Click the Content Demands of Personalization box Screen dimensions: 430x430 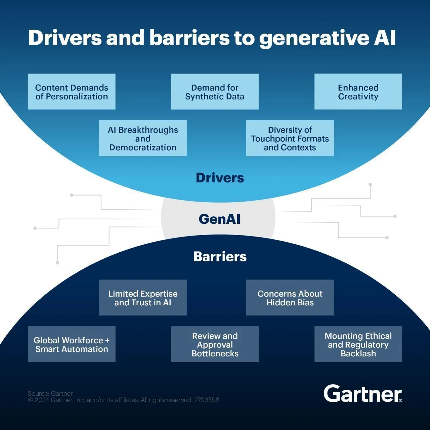point(72,92)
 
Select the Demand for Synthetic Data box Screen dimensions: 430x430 point(215,92)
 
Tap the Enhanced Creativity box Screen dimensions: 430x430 point(358,92)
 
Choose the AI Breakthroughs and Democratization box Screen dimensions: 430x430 point(143,138)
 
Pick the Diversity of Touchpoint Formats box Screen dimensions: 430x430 point(290,138)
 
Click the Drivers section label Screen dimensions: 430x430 point(220,178)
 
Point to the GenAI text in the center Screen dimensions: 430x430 point(220,219)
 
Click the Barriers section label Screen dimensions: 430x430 point(220,257)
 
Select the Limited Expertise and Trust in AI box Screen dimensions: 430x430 point(143,298)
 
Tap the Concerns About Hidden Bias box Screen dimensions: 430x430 point(290,298)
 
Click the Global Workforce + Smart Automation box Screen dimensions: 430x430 point(72,344)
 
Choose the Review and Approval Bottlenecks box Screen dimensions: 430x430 point(215,344)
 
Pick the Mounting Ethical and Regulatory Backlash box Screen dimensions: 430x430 point(358,344)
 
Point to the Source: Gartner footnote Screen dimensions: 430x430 point(50,393)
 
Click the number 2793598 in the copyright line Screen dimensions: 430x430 point(207,400)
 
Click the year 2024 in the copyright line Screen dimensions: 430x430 point(42,400)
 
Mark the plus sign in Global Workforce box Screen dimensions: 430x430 point(107,340)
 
